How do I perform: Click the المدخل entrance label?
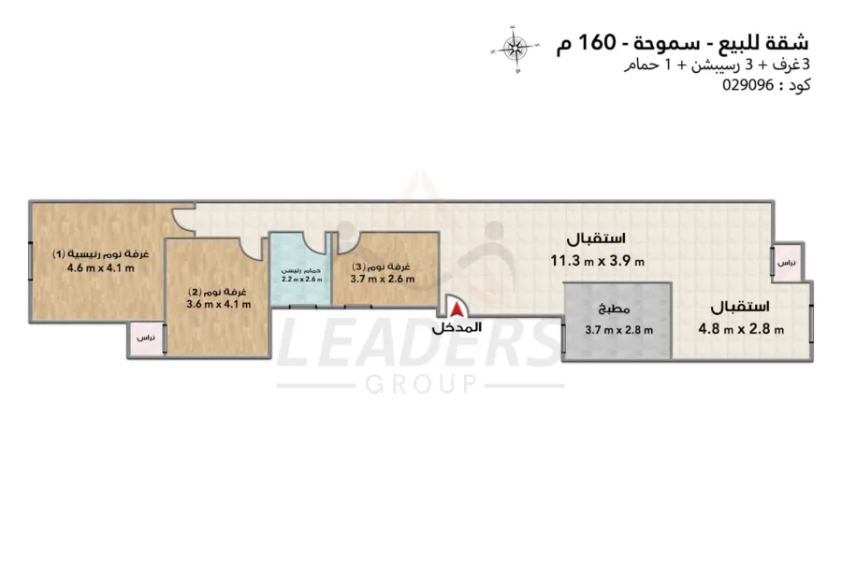pyautogui.click(x=457, y=328)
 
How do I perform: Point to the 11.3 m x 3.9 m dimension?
pyautogui.click(x=597, y=262)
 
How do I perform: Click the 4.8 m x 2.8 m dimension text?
pyautogui.click(x=741, y=328)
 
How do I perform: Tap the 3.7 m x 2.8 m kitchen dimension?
pyautogui.click(x=618, y=329)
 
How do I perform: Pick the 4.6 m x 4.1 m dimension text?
pyautogui.click(x=101, y=268)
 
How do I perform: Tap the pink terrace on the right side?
pyautogui.click(x=787, y=264)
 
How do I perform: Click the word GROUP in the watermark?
pyautogui.click(x=420, y=383)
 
